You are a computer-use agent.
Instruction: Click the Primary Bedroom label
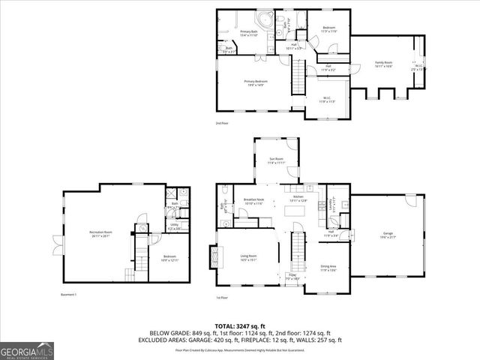pyautogui.click(x=255, y=82)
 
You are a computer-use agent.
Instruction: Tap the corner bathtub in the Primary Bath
pyautogui.click(x=265, y=19)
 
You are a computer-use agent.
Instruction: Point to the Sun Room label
pyautogui.click(x=277, y=160)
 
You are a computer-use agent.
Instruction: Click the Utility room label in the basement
pyautogui.click(x=173, y=226)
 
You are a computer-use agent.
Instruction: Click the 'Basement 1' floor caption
pyautogui.click(x=68, y=295)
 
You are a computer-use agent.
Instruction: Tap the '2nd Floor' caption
pyautogui.click(x=223, y=123)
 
